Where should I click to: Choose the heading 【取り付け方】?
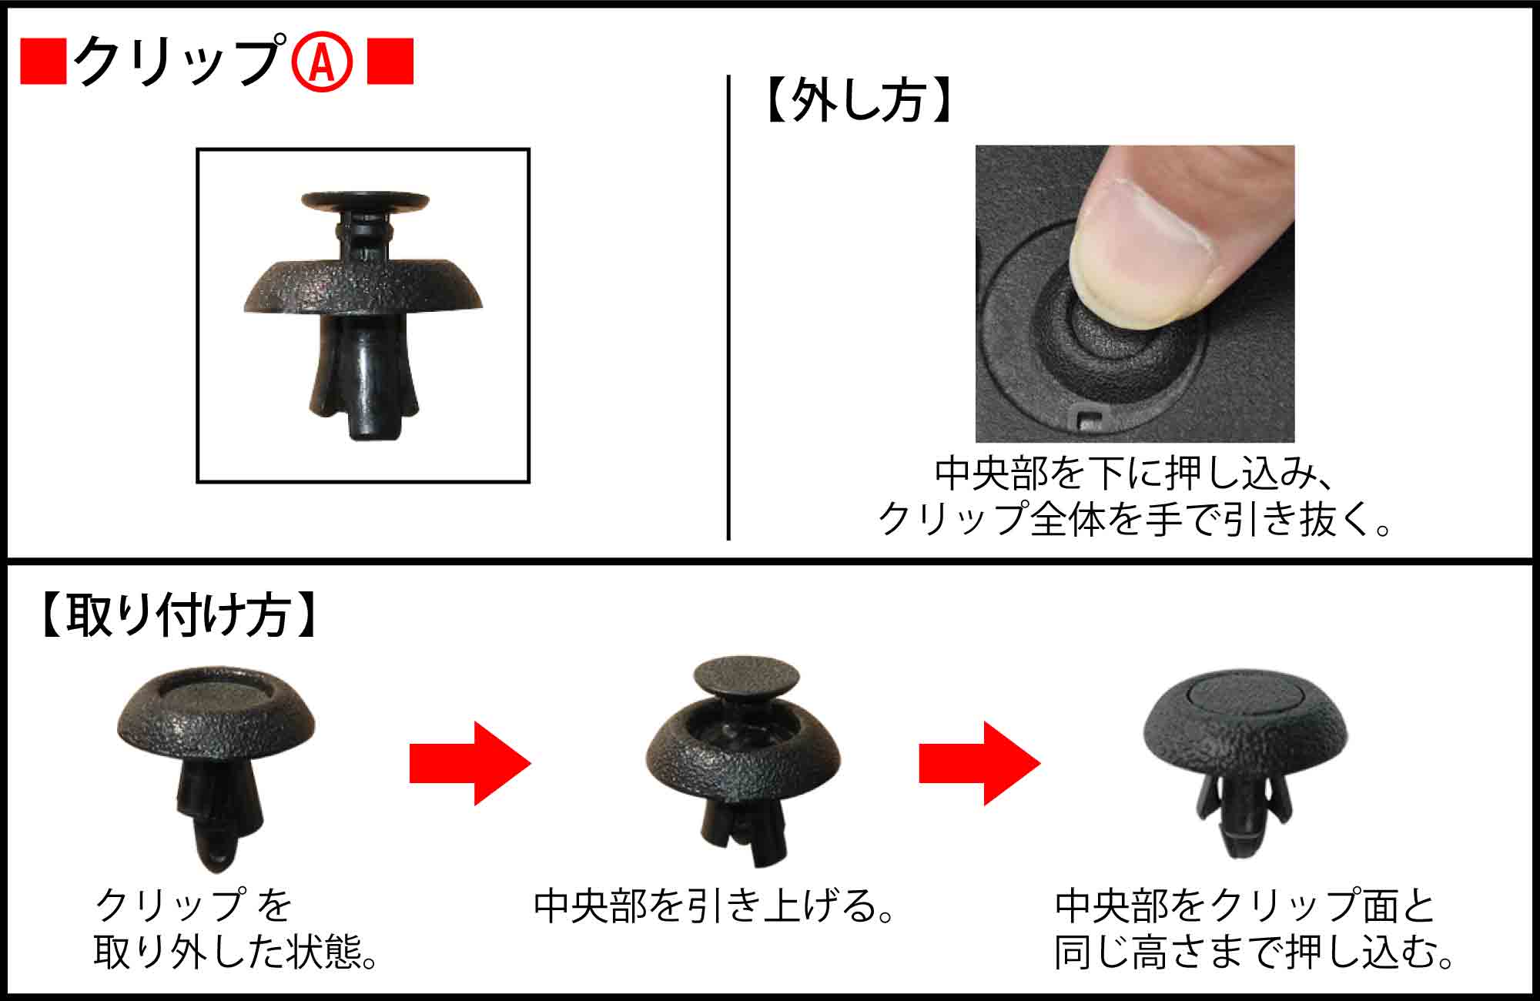coord(178,616)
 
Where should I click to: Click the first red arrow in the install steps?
coord(470,763)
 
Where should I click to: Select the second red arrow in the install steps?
coord(979,763)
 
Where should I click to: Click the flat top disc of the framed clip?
coord(365,201)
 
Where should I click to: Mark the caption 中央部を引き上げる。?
coord(714,906)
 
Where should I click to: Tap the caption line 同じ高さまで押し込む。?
coord(1254,952)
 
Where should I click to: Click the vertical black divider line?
coord(728,307)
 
